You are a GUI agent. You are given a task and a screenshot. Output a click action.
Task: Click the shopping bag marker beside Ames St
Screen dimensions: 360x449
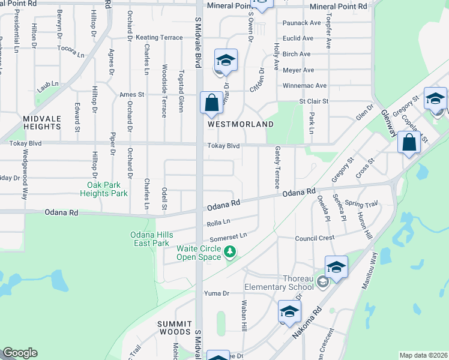click(212, 103)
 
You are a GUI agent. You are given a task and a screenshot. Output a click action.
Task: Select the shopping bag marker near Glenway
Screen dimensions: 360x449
click(409, 143)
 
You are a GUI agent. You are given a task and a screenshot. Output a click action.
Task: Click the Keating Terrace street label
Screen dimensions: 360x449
click(159, 37)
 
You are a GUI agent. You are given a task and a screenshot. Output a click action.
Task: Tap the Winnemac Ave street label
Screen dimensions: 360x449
click(304, 86)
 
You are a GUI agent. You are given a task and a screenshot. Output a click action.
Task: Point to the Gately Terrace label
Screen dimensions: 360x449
click(277, 168)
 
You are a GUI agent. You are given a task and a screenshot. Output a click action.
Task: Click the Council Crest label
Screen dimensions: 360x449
click(315, 238)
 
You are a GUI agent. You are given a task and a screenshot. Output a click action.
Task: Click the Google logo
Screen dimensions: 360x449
click(20, 353)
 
